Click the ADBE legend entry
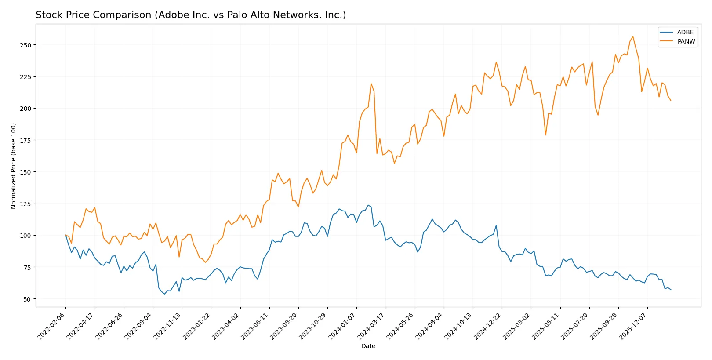[685, 32]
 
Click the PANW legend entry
[686, 41]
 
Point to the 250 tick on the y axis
[25, 45]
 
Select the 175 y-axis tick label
[25, 140]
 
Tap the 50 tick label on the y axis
[27, 299]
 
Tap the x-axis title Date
[368, 346]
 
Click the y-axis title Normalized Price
[13, 166]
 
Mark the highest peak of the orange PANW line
[632, 36]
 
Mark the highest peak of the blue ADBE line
[368, 205]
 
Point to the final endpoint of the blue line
[671, 290]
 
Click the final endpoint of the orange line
[671, 101]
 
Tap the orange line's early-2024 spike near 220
[371, 84]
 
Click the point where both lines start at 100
[65, 235]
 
